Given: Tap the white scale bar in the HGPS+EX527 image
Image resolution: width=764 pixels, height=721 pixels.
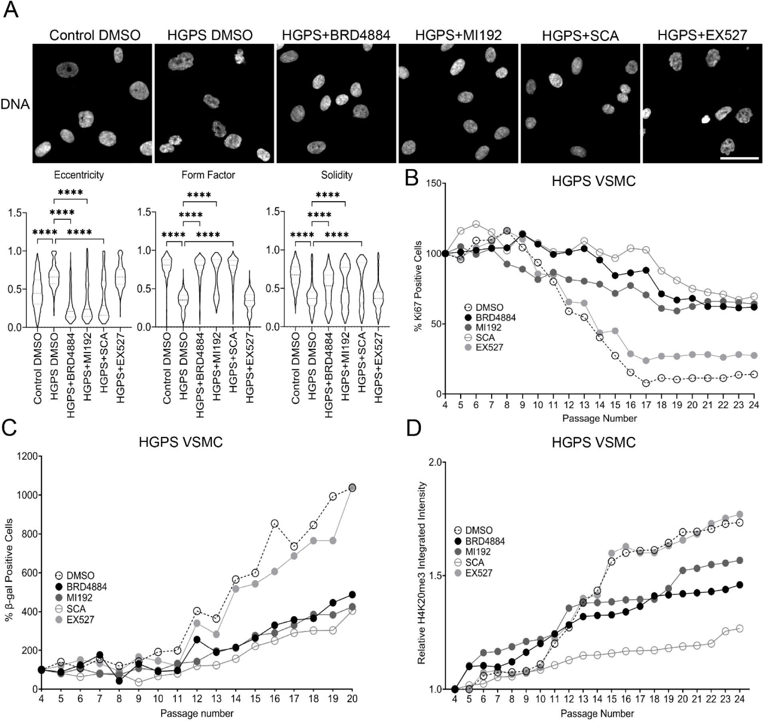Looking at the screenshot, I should (x=739, y=158).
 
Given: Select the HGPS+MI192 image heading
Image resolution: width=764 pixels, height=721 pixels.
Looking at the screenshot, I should (x=458, y=35).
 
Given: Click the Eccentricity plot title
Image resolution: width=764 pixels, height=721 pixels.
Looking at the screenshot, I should (x=79, y=175).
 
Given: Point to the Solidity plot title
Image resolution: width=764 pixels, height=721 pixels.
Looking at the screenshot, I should (x=337, y=175).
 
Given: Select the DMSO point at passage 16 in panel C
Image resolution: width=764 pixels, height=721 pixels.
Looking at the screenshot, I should (x=274, y=523).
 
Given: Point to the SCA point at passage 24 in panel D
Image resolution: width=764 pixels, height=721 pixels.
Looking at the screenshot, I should (x=739, y=628).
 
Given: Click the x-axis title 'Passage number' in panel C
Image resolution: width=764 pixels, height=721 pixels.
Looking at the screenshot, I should (x=197, y=713).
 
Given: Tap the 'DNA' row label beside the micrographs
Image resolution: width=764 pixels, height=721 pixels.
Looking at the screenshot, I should (x=15, y=104).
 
